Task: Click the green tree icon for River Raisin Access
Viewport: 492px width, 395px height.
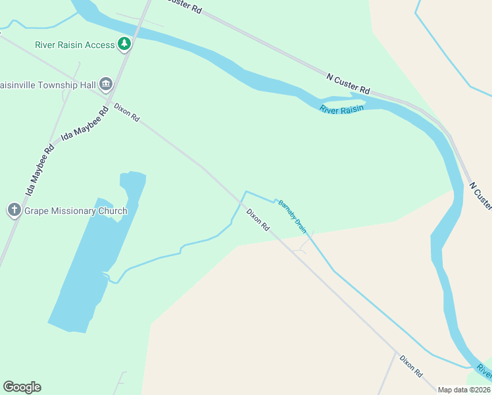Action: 124,44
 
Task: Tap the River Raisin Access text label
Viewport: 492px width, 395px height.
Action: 75,45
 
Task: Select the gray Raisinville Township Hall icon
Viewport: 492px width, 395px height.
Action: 106,85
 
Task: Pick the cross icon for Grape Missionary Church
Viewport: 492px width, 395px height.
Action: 14,211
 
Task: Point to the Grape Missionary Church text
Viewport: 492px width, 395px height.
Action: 76,211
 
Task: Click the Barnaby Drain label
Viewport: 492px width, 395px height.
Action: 291,216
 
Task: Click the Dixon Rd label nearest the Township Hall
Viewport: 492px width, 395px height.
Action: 126,112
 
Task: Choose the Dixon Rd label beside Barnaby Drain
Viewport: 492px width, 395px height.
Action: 258,219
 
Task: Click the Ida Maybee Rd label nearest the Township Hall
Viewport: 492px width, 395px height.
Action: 84,123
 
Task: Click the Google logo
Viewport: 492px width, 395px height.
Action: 22,387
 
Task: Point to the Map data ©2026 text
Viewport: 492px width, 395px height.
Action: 464,390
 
